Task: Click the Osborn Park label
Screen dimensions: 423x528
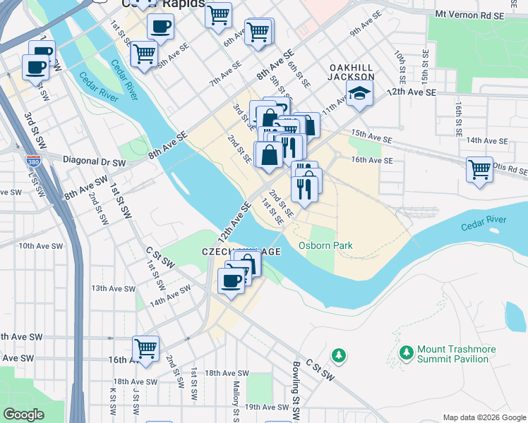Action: point(325,245)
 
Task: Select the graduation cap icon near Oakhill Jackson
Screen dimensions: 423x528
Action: point(360,95)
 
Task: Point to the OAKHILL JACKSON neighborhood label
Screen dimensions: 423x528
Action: point(352,72)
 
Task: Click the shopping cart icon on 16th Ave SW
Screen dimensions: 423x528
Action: point(146,349)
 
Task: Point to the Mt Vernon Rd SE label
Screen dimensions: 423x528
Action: point(472,13)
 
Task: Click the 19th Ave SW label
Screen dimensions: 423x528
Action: point(268,407)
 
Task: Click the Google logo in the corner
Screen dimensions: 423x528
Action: point(23,415)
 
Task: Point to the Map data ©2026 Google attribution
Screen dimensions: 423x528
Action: point(484,417)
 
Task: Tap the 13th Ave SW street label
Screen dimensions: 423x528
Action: point(113,288)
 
